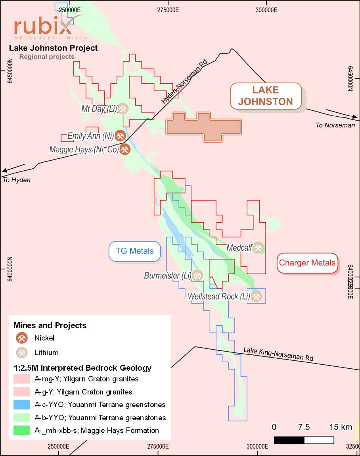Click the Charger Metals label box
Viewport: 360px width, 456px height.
(307, 263)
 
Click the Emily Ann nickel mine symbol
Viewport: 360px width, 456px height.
(120, 136)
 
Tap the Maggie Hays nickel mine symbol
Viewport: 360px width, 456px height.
(125, 150)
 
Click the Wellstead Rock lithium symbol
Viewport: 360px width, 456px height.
(257, 296)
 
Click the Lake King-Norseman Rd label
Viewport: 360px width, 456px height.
(278, 354)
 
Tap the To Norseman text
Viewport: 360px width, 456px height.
(335, 125)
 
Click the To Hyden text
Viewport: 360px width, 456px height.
(16, 180)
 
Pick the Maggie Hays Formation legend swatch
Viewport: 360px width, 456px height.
(21, 430)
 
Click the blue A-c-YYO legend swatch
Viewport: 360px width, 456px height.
(21, 405)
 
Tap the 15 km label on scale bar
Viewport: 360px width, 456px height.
(340, 427)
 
